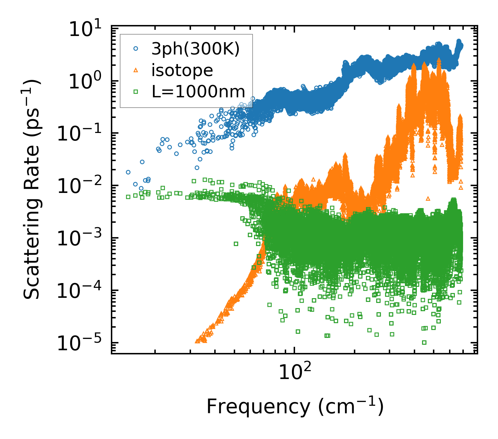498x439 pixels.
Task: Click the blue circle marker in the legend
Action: tap(136, 49)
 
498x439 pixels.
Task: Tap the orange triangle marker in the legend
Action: tap(136, 70)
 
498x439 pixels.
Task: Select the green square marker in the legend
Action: tap(136, 92)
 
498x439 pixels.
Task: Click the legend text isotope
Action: tap(182, 70)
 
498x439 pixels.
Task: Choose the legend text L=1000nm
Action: tap(199, 92)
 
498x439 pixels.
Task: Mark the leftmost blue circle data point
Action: tap(128, 172)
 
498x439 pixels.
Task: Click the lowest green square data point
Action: tap(424, 342)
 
